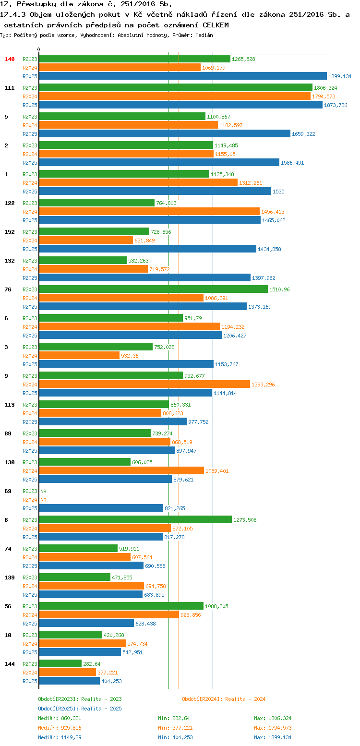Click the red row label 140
pos(10,59)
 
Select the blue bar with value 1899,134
pos(182,76)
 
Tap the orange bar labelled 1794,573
pos(175,96)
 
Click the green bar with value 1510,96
pos(153,289)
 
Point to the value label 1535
pos(278,192)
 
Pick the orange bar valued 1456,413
pos(149,211)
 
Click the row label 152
pos(10,232)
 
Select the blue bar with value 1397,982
pos(144,277)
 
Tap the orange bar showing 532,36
pos(79,355)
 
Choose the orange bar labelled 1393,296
pos(144,384)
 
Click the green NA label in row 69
pos(43,491)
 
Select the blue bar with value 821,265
pos(101,508)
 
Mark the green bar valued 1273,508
pos(135,519)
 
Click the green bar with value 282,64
pos(60,663)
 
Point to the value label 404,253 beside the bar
pos(111,681)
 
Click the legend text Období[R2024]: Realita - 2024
pos(224,699)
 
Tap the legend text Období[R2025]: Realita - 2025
pos(80,709)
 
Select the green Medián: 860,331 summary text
pos(60,718)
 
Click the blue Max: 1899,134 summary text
pos(273,737)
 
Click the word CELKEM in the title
pos(216,24)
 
